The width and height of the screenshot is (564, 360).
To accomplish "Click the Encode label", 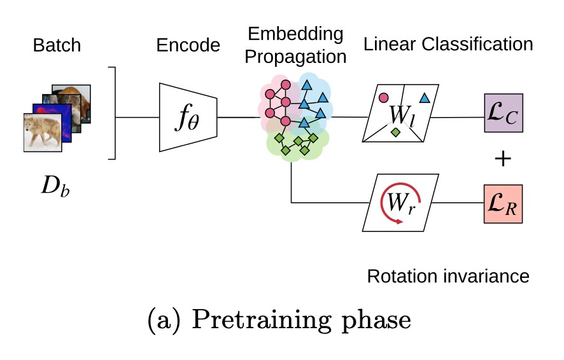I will point(188,45).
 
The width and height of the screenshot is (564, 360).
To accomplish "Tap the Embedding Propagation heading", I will point(295,45).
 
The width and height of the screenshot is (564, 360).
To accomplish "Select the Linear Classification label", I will point(448,44).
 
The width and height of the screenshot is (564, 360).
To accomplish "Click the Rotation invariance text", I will point(448,277).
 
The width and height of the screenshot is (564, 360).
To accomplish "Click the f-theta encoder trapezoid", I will point(188,117).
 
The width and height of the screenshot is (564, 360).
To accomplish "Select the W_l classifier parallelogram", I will point(400,113).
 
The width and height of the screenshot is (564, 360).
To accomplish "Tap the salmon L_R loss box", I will point(504,204).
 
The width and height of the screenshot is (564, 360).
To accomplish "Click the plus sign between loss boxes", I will point(504,158).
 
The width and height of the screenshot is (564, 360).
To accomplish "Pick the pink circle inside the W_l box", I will point(383,98).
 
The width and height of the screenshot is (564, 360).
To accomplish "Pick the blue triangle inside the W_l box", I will point(424,97).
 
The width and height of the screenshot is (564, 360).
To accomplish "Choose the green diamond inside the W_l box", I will point(395,132).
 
